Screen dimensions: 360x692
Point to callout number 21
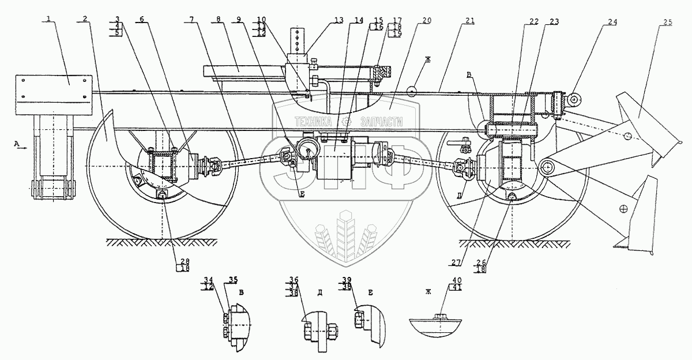click(x=470, y=21)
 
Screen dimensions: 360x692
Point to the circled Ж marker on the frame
click(x=412, y=92)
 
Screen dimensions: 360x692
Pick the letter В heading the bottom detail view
click(x=241, y=293)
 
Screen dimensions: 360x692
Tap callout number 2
click(x=85, y=18)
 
